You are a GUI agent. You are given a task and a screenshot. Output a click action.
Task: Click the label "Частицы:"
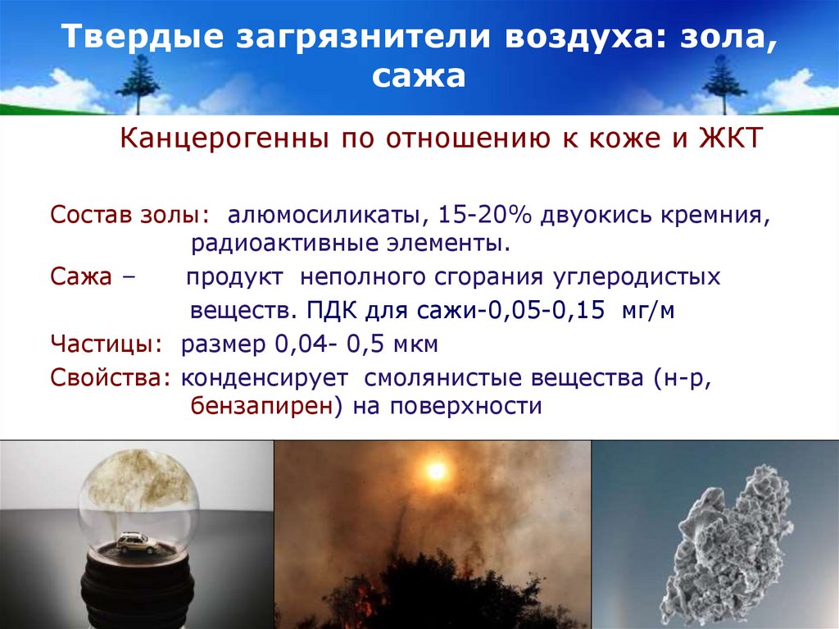(x=105, y=344)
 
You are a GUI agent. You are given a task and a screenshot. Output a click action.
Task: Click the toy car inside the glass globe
(x=138, y=542)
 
